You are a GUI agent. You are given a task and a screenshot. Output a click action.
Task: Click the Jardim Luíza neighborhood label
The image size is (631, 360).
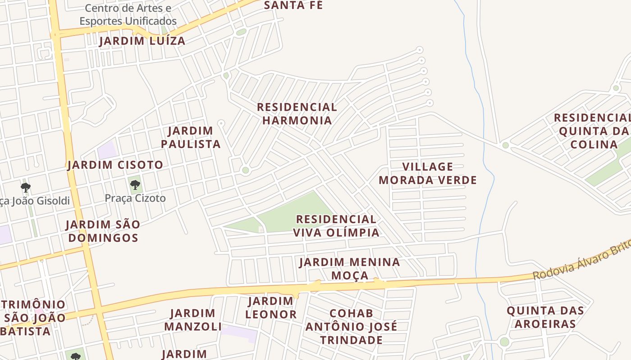142,41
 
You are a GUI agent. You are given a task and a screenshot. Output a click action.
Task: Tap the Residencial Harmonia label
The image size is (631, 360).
297,113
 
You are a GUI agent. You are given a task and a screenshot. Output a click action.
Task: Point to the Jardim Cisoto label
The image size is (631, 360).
115,165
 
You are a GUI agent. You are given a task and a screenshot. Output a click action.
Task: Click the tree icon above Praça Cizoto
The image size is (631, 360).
135,184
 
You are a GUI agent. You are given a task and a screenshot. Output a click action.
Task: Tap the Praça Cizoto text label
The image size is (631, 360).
135,198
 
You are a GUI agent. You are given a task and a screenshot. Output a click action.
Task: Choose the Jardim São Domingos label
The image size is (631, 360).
103,230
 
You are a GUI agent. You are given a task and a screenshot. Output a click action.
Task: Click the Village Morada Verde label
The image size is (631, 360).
427,173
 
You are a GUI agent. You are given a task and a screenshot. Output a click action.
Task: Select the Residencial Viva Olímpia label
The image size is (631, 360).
336,226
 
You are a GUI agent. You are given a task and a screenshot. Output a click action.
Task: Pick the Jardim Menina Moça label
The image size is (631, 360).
349,268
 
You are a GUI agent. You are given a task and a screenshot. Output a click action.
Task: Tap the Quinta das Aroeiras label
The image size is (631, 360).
545,317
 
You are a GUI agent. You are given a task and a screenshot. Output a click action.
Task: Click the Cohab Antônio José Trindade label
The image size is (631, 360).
351,326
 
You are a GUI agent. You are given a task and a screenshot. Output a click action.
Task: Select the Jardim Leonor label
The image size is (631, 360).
270,308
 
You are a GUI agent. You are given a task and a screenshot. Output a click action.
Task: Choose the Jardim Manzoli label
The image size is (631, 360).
192,319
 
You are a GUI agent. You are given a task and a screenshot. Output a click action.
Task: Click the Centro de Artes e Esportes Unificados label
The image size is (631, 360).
128,14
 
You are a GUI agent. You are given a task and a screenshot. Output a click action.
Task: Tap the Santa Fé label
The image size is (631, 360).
293,5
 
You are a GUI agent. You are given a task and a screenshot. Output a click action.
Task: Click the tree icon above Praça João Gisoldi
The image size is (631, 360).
26,187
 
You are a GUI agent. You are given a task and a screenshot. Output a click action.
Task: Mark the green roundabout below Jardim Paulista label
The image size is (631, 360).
245,170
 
